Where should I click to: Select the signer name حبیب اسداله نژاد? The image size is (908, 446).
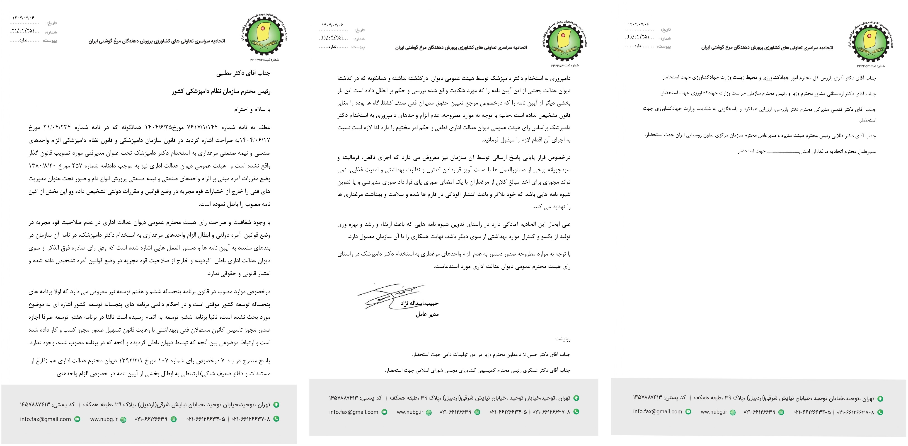click(419, 303)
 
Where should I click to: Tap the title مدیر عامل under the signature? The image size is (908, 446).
click(427, 314)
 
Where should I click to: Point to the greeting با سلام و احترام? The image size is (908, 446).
click(252, 109)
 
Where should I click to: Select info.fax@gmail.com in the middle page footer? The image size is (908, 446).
click(354, 412)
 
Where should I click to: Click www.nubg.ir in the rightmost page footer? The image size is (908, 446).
click(714, 412)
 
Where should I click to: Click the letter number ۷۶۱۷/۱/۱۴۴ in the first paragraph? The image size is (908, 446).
click(202, 127)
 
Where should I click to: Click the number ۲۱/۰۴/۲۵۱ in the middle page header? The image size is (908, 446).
click(332, 37)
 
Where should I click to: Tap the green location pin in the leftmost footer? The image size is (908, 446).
click(276, 405)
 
